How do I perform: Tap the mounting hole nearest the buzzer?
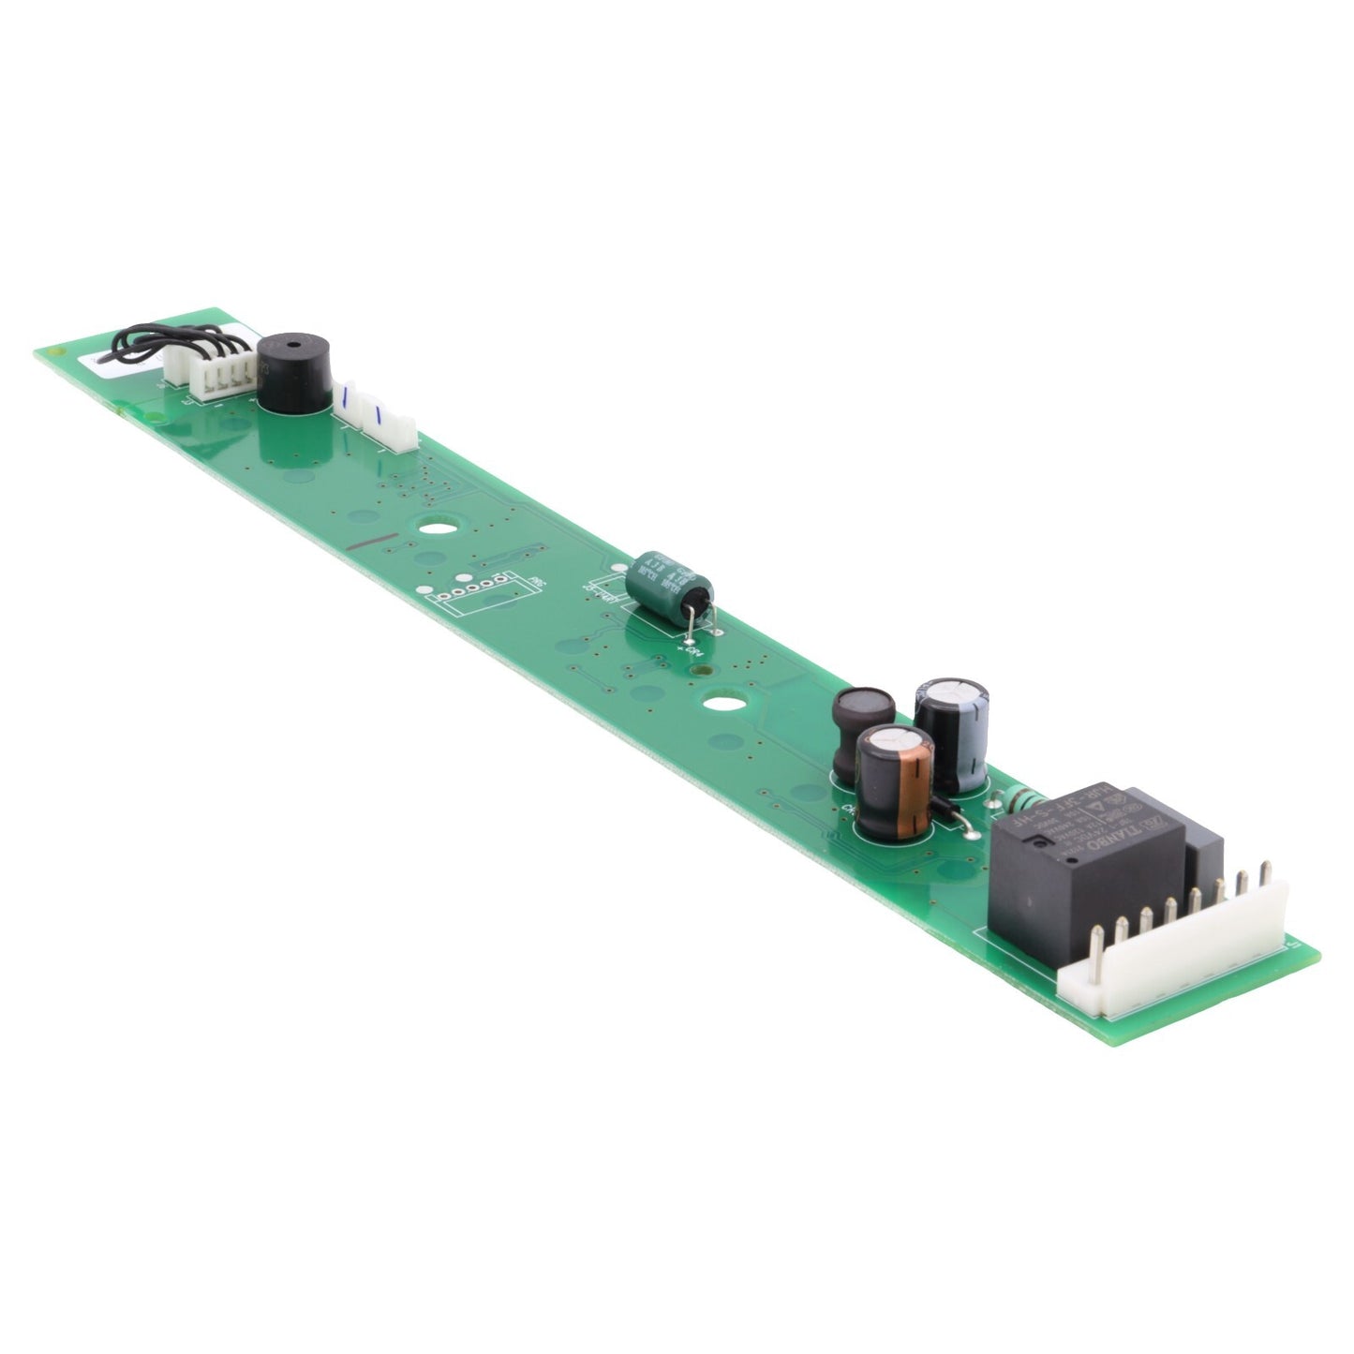click(433, 528)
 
